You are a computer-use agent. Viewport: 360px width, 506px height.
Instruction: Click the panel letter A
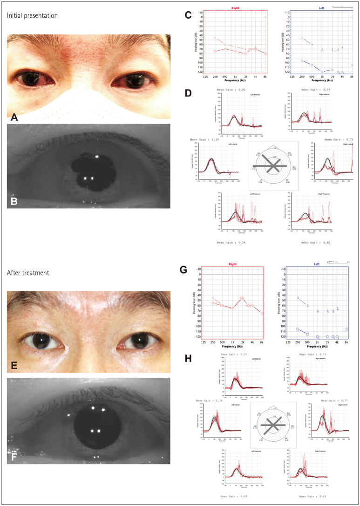14,118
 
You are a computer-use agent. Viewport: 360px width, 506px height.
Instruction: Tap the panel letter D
188,93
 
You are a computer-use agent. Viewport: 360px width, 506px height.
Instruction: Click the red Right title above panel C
228,8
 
